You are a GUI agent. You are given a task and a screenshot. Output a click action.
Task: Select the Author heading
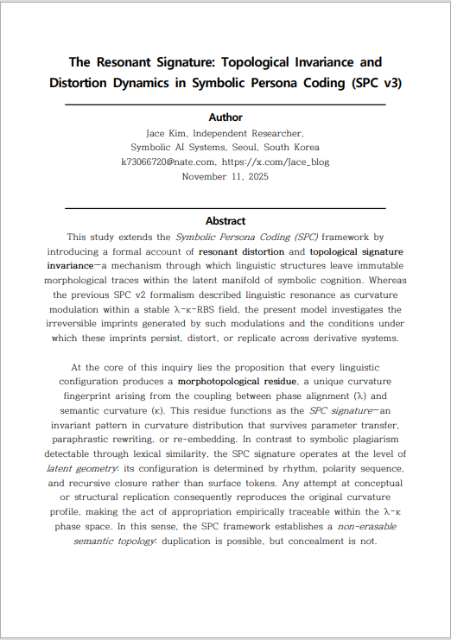225,117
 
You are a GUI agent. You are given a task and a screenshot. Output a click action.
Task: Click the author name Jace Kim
167,134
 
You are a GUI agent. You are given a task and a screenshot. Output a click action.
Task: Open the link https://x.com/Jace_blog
276,162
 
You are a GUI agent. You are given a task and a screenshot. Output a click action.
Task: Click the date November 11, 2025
225,175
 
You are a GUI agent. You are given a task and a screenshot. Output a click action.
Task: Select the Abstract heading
225,221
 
